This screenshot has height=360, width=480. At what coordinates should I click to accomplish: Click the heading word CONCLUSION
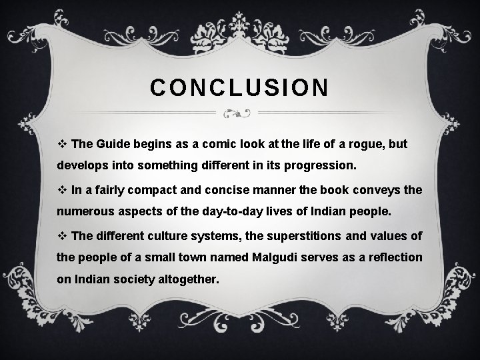[x=239, y=88]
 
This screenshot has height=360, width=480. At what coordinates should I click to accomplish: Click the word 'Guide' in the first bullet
[x=112, y=143]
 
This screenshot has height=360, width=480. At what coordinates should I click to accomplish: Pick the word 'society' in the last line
[x=134, y=281]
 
